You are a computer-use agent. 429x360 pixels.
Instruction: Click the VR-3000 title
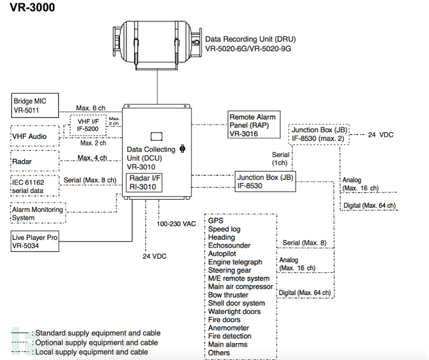coord(32,7)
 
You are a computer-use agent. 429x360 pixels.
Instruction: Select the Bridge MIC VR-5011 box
coord(35,106)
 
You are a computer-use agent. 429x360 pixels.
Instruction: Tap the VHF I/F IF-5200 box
coord(88,125)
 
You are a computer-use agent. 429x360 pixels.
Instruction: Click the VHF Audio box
coord(35,136)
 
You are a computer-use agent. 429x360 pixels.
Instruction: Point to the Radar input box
coord(35,161)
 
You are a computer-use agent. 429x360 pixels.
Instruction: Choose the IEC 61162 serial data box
coord(35,186)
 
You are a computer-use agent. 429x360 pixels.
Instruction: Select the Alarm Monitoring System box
coord(38,213)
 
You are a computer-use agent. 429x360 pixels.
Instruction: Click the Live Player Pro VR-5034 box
coord(35,241)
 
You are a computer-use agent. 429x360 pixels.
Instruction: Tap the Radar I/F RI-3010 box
coord(144,182)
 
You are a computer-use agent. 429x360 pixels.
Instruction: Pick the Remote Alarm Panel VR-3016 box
coord(254,125)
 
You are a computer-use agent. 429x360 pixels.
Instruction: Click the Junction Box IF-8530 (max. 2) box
coord(319,134)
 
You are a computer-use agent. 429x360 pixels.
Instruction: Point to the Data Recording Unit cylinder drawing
coord(158,45)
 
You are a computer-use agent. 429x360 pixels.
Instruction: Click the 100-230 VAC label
coord(176,224)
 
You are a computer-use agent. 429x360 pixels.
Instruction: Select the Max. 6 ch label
coord(90,108)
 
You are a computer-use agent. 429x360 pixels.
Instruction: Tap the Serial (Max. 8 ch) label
coord(90,180)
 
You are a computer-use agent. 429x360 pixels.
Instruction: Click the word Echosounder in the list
coord(229,245)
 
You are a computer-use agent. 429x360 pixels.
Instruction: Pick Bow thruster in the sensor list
coord(228,295)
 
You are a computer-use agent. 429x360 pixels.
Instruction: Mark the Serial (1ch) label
coord(280,159)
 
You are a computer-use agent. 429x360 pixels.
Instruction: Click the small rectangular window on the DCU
coord(156,137)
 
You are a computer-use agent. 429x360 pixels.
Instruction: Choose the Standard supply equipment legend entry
coord(86,333)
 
